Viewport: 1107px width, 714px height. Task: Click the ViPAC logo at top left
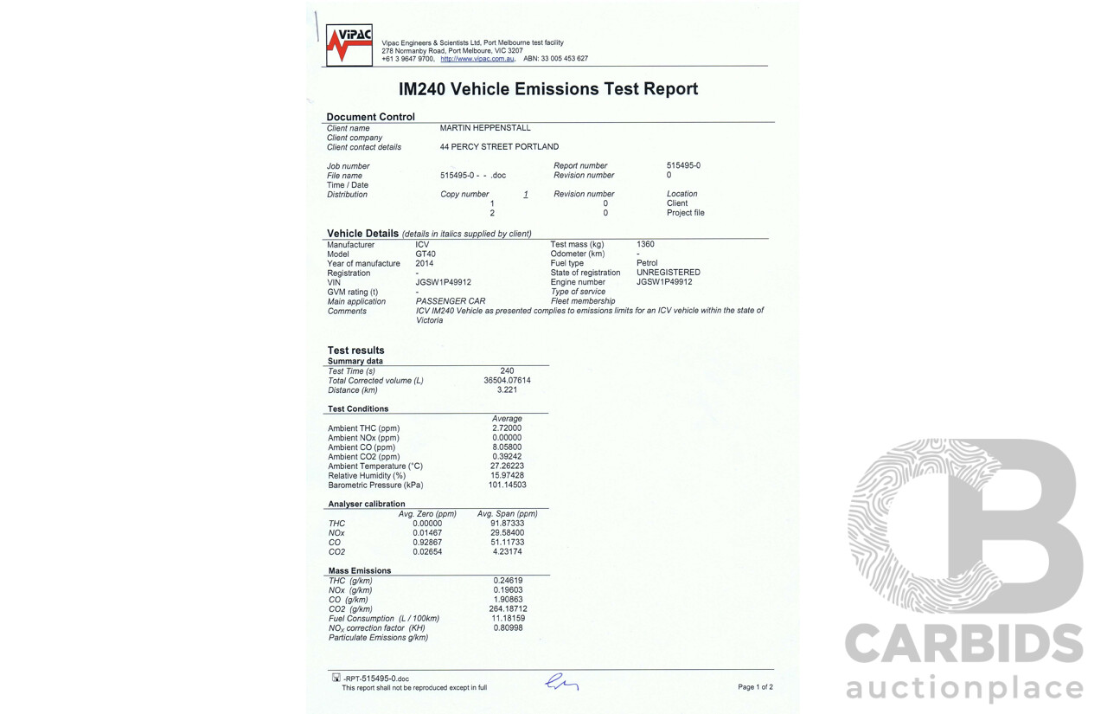click(x=349, y=45)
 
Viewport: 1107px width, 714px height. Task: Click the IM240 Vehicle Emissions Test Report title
click(x=547, y=89)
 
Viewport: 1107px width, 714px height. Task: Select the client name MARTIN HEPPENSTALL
click(x=485, y=128)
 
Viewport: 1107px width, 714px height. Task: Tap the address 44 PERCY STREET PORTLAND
click(x=499, y=147)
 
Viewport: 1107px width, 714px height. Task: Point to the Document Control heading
click(x=370, y=117)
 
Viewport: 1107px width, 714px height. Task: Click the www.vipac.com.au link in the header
click(x=477, y=59)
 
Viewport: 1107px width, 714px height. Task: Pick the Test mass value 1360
click(x=645, y=244)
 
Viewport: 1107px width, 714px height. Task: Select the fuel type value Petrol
click(x=647, y=263)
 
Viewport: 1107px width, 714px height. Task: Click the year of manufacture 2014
click(x=425, y=263)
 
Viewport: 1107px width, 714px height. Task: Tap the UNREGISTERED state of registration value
click(x=669, y=273)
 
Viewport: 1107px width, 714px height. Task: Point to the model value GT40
click(x=426, y=254)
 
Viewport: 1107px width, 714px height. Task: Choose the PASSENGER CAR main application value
click(x=451, y=301)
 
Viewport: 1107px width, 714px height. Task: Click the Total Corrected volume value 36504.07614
click(x=507, y=381)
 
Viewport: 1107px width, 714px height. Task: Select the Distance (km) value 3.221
click(x=507, y=390)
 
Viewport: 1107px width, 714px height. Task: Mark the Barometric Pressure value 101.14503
click(x=507, y=486)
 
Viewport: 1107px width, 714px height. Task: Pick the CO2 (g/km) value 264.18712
click(x=508, y=609)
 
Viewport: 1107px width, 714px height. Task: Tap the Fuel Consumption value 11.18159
click(x=508, y=619)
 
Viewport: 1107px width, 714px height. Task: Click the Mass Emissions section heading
click(x=359, y=571)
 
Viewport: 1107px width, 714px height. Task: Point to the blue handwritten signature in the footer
click(x=561, y=684)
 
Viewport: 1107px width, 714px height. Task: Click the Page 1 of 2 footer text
click(x=755, y=687)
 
